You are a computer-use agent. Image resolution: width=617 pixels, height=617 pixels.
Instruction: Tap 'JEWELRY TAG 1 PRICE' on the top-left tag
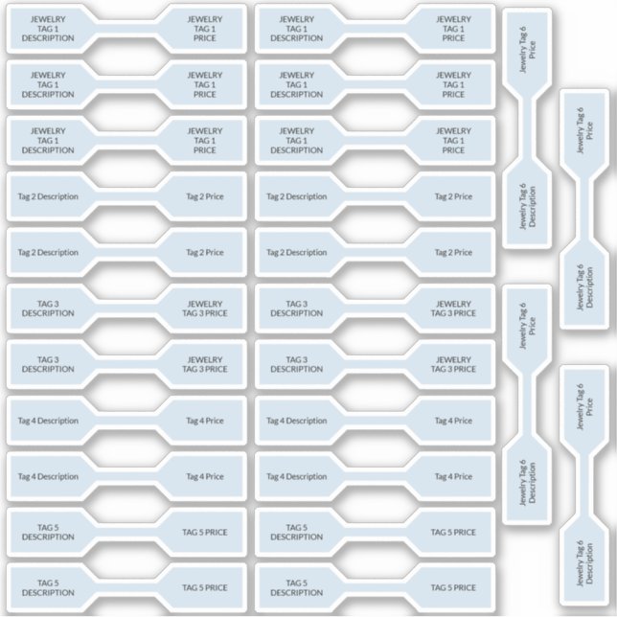pos(204,29)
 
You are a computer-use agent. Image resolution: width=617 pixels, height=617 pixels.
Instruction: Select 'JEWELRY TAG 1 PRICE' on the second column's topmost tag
pos(453,29)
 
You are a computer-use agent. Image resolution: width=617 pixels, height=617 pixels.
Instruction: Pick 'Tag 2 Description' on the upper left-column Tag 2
pos(48,196)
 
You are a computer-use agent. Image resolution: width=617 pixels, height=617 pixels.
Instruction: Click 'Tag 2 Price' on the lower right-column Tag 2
pos(453,253)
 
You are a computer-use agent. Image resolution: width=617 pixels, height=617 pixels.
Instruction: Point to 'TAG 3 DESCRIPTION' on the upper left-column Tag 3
pos(48,308)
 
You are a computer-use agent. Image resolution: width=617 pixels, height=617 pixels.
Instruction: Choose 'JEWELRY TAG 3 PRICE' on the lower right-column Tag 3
pos(453,364)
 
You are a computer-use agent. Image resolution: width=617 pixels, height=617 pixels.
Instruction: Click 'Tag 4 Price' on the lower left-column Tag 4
pos(204,476)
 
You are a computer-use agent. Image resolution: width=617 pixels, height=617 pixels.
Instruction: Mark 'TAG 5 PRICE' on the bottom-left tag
pos(204,587)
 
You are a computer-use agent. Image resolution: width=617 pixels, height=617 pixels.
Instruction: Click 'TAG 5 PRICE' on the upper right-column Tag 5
pos(453,532)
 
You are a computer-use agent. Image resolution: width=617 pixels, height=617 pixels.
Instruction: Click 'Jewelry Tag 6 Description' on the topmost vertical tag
pos(526,205)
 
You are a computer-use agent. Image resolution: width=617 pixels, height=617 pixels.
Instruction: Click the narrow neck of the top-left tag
pos(126,29)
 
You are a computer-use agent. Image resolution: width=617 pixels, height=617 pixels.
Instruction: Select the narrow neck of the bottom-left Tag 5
pos(126,587)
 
